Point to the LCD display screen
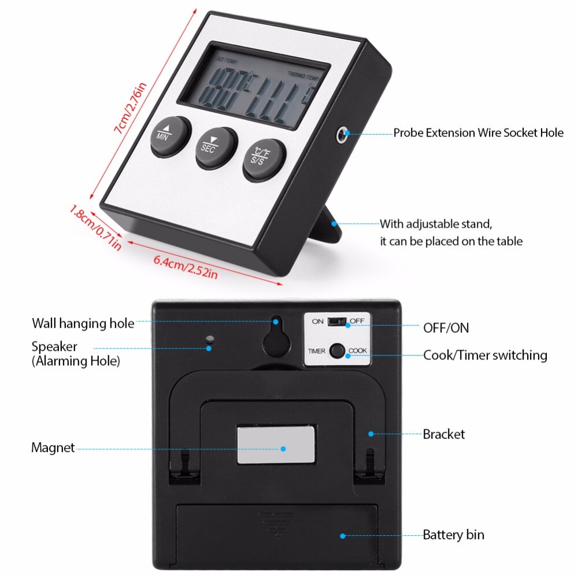pos(253,87)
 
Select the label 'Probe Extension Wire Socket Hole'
pos(478,133)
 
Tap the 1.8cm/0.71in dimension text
pos(95,227)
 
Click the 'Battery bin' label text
pos(453,535)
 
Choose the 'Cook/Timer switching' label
pos(485,355)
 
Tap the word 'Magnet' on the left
pos(53,448)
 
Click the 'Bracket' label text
pos(443,434)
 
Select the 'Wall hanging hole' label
pos(83,323)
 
